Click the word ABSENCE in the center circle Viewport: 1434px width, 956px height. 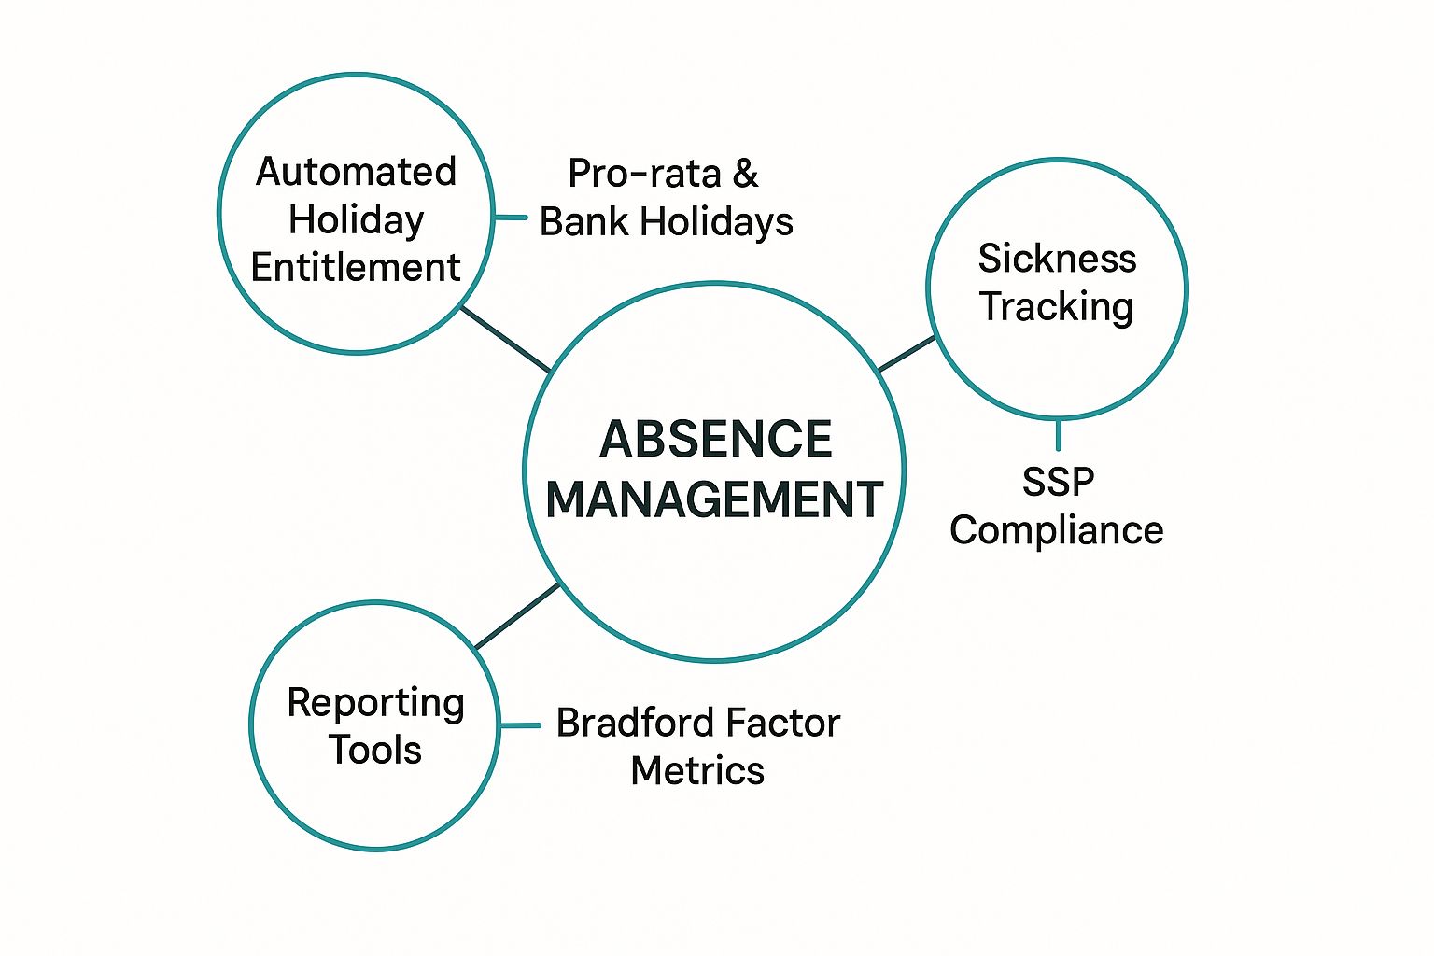point(715,439)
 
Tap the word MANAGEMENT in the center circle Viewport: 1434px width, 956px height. point(714,499)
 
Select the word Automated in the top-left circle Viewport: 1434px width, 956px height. point(356,172)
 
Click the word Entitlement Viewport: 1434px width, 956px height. point(356,268)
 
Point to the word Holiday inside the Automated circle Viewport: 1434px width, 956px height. point(356,220)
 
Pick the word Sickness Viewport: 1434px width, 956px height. point(1057,259)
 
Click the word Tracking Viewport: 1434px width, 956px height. point(1057,307)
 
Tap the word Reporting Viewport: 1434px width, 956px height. point(375,703)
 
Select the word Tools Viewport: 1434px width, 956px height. point(375,751)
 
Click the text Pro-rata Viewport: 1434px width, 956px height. point(644,174)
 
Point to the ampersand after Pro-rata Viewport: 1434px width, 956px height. point(745,174)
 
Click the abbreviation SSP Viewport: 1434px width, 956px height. point(1058,483)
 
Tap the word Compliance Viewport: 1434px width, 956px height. point(1057,530)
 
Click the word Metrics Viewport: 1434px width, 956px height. point(697,771)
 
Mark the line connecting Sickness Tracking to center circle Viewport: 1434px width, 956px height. point(907,354)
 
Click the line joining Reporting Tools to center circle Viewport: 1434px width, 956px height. point(517,616)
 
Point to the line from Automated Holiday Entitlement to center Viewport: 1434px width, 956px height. point(505,339)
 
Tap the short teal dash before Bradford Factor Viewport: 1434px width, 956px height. point(520,725)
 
